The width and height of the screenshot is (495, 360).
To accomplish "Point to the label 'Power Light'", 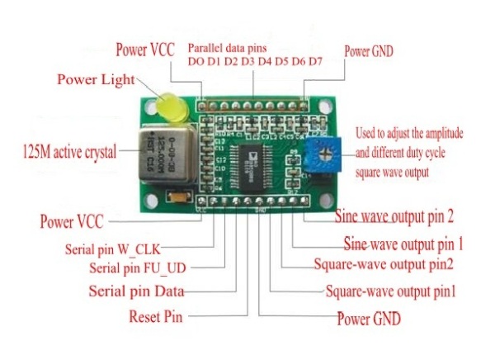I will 93,80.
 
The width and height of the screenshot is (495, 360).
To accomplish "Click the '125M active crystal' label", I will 69,152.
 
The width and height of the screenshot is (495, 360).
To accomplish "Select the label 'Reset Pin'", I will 155,316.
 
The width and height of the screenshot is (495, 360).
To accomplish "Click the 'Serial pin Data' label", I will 135,291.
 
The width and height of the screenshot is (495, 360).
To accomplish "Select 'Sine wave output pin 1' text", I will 404,244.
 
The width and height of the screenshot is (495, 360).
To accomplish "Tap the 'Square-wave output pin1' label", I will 391,291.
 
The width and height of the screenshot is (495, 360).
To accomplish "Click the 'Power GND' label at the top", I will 369,50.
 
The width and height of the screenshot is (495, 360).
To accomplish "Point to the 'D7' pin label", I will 314,62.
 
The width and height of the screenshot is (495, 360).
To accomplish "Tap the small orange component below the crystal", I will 177,197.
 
